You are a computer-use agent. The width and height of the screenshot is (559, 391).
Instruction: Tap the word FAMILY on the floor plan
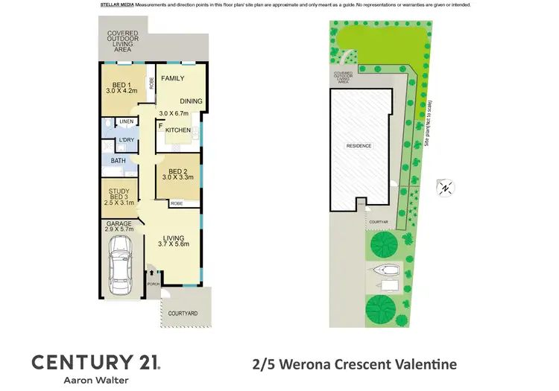click(x=173, y=78)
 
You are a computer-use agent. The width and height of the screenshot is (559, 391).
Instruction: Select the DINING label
click(x=190, y=102)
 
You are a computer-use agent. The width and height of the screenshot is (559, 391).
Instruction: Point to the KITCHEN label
click(x=178, y=130)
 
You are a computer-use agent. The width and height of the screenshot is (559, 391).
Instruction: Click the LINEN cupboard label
click(x=126, y=121)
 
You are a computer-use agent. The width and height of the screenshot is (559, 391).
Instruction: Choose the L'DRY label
click(x=126, y=140)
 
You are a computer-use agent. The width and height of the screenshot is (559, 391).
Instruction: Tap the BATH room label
click(x=119, y=160)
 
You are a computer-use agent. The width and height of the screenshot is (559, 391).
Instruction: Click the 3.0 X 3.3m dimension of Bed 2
click(x=178, y=177)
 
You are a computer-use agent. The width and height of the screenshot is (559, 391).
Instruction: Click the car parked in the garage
click(x=119, y=264)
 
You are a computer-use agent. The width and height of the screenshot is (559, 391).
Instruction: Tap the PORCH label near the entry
click(x=154, y=284)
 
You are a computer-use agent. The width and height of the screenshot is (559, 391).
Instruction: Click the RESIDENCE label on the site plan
click(x=359, y=146)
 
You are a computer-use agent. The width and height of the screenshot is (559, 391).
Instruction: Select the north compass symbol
click(x=444, y=188)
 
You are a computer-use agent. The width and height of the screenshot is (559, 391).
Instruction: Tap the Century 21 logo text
click(x=95, y=363)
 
